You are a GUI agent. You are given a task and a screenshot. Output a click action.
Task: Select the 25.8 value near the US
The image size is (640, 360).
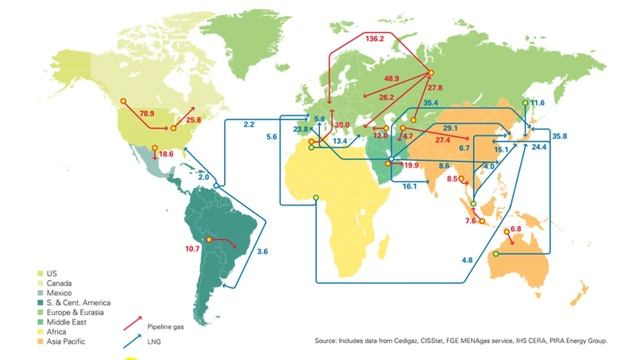tap(194, 119)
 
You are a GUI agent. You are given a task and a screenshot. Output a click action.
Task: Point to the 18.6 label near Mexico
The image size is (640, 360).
tap(166, 153)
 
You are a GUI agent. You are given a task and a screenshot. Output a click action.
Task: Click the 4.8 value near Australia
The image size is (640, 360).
tap(467, 260)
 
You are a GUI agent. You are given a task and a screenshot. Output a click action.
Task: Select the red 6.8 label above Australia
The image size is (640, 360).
tap(517, 229)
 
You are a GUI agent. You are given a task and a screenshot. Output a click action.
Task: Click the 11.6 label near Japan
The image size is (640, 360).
tap(537, 103)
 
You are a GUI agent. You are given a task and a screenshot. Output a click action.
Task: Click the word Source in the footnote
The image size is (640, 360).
tap(329, 342)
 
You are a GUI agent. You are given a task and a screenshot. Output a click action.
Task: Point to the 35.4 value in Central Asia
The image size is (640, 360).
tap(431, 102)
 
